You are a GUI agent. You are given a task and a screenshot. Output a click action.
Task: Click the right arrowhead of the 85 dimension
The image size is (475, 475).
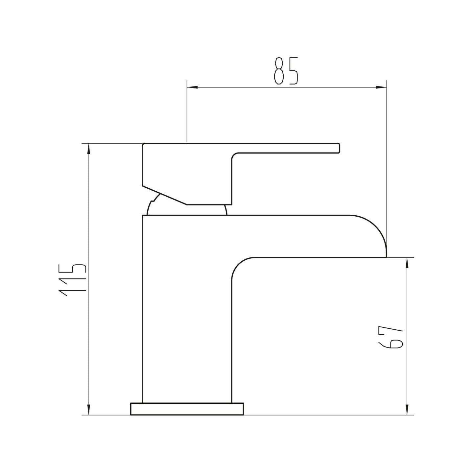tap(382, 87)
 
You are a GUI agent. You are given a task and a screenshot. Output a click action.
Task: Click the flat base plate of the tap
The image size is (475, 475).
tap(187, 409)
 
